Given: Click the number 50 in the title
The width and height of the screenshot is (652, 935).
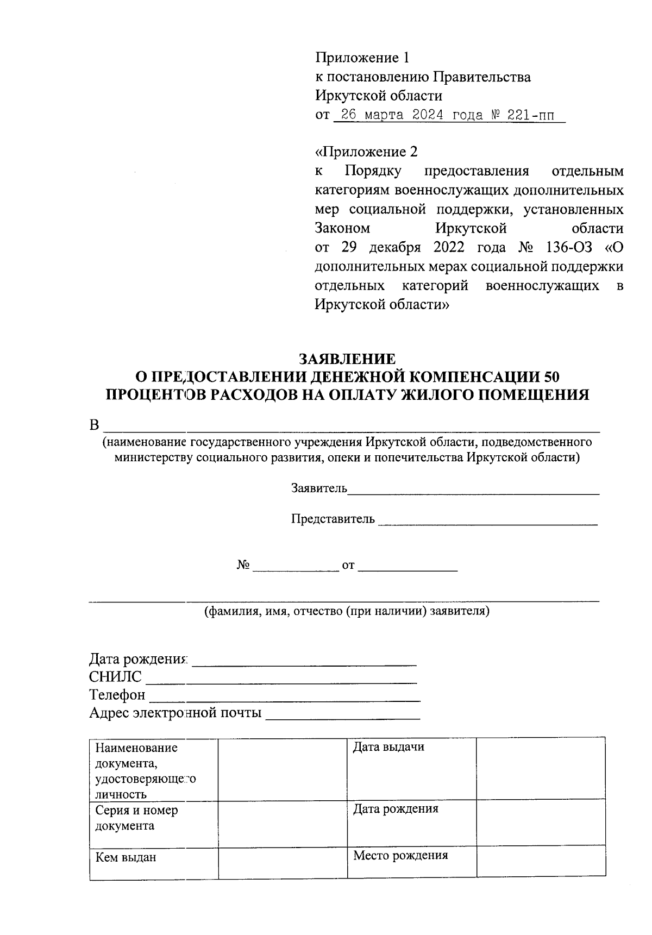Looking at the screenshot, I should [550, 376].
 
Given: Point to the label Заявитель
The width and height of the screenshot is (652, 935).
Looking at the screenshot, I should [319, 488].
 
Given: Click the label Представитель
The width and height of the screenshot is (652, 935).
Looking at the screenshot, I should [333, 518].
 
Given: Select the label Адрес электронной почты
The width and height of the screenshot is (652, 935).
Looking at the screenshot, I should [175, 712].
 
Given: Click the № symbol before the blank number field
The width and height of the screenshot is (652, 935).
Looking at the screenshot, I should [243, 565].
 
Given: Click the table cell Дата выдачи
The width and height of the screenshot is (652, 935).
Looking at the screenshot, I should [388, 747].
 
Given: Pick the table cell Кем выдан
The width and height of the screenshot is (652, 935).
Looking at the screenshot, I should [126, 857].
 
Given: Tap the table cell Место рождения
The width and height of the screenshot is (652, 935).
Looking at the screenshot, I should [400, 855].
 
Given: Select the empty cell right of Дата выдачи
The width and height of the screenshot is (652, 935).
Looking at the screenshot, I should [540, 768].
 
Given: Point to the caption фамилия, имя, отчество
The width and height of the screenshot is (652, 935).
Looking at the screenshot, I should [347, 611].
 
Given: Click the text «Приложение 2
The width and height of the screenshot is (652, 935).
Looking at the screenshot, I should [366, 152].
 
